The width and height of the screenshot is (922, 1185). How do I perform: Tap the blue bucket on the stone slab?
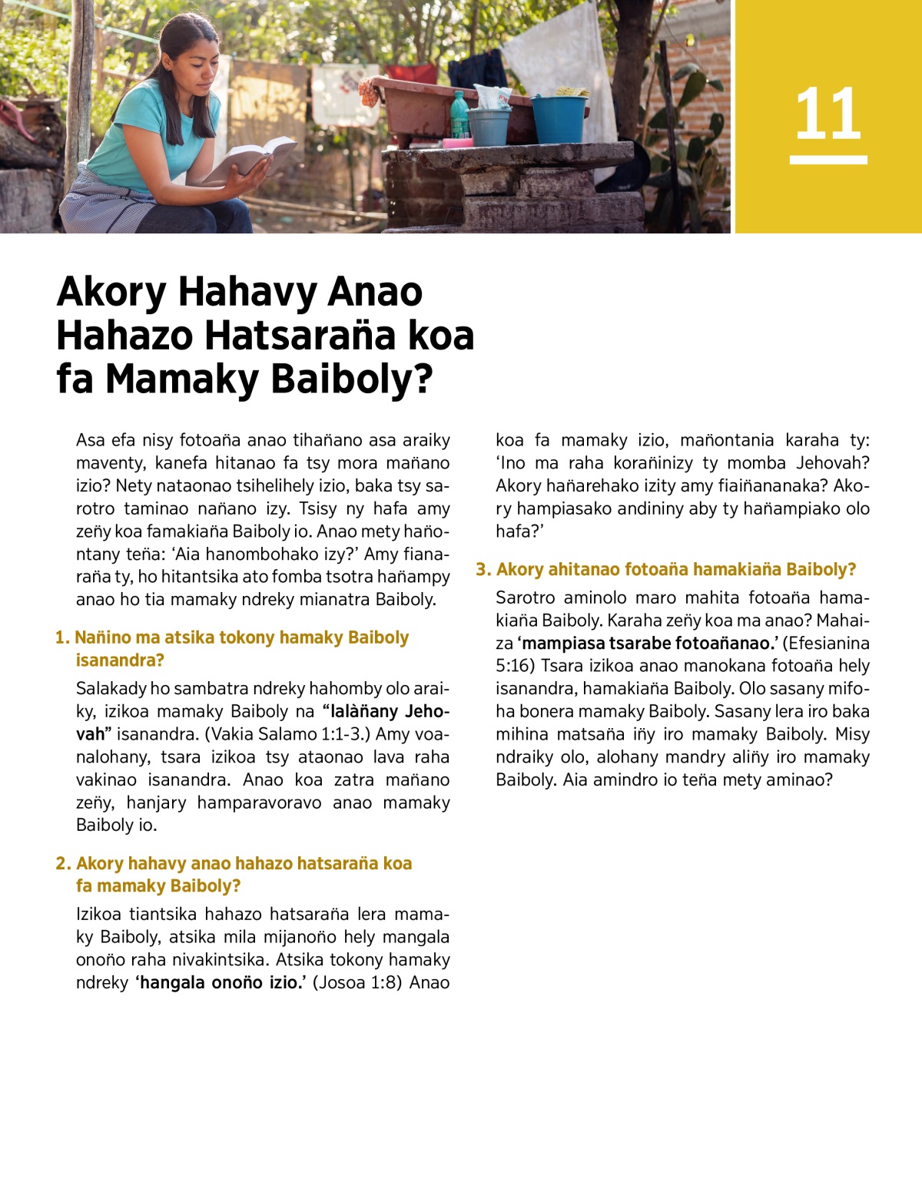tap(559, 118)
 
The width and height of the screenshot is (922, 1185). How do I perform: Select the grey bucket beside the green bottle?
tap(489, 126)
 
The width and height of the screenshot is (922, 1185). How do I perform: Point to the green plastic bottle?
tap(459, 115)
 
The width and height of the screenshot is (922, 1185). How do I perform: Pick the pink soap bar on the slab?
tap(457, 143)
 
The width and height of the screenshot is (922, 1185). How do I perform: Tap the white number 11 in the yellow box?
tap(827, 114)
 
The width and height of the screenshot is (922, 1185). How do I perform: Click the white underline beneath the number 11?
tap(828, 160)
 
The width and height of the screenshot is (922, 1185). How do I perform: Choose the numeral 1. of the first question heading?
tap(62, 637)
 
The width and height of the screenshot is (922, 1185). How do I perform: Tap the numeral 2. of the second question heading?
tap(63, 863)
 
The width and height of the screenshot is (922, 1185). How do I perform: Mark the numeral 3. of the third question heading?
tap(483, 569)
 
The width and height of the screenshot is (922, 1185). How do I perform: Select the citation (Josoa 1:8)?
tap(357, 982)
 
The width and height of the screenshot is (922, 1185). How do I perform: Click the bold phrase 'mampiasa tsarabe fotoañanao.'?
tap(646, 643)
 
